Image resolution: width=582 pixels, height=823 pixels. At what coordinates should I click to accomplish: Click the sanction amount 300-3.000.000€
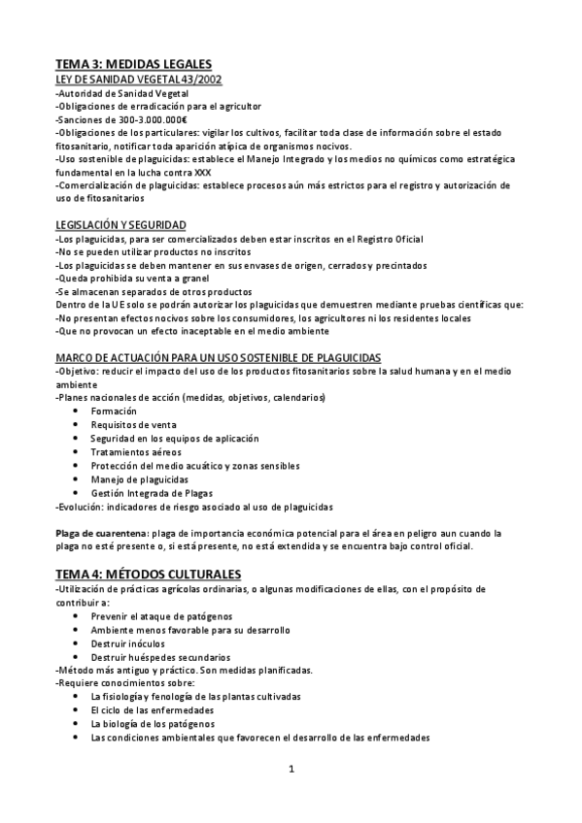[145, 118]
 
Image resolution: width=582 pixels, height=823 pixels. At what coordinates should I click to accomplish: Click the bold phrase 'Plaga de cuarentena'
[101, 533]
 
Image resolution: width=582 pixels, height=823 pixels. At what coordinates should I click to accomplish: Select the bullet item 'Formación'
[113, 411]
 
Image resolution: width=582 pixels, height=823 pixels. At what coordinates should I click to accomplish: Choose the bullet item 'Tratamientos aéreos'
[136, 452]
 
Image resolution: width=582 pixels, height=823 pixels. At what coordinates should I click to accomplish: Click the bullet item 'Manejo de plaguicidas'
[140, 479]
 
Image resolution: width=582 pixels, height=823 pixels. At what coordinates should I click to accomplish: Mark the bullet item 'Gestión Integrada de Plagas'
[152, 493]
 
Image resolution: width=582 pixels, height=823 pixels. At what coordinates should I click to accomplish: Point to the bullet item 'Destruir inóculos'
[129, 643]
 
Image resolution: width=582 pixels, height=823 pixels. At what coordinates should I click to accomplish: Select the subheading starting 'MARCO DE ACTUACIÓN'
[219, 357]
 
